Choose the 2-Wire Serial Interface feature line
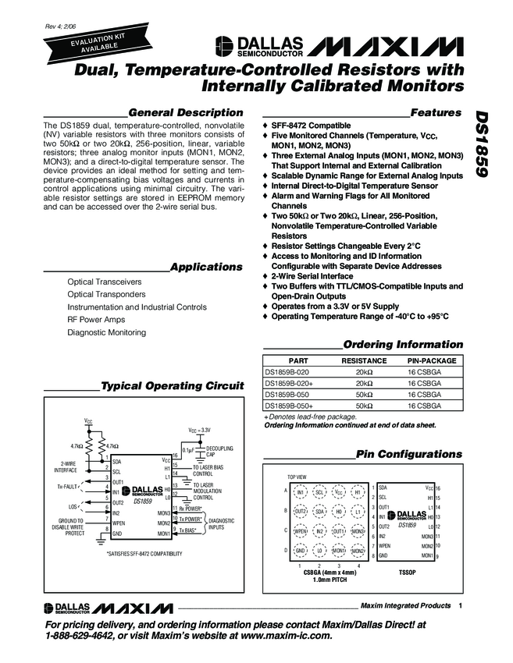pos(319,276)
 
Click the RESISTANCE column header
pos(364,362)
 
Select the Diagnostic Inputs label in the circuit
pos(222,523)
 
